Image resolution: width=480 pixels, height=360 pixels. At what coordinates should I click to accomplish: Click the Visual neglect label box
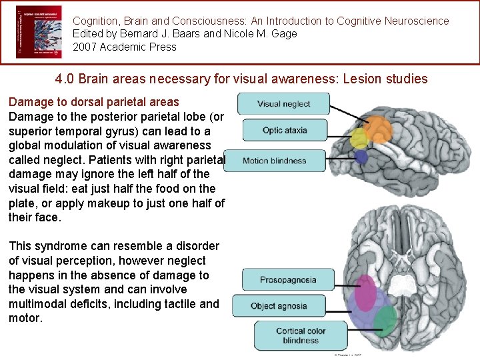click(283, 103)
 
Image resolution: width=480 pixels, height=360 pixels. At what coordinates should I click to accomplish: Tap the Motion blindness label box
click(274, 161)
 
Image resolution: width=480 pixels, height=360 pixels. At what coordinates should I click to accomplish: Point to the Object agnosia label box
click(279, 306)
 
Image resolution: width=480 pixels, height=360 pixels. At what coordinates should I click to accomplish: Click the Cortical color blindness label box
click(301, 335)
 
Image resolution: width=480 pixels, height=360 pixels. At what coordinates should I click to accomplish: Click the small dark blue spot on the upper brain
click(361, 157)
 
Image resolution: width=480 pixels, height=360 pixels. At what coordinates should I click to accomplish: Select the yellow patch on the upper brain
click(359, 139)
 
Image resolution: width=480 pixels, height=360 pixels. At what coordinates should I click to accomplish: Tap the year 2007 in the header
click(85, 47)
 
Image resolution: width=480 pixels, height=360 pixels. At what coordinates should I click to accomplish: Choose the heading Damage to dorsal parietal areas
click(94, 102)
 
